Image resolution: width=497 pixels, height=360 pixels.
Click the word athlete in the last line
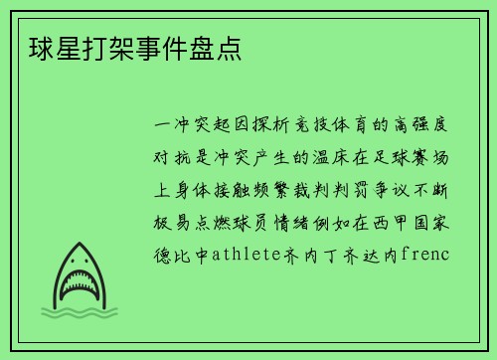click(x=245, y=254)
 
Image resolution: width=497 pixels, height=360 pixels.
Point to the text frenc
click(x=424, y=254)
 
